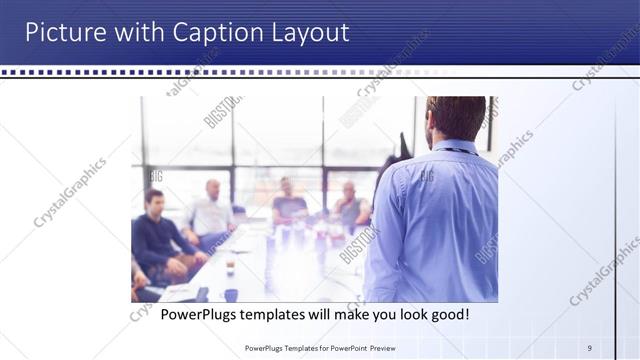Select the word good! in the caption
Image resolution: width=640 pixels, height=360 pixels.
pyautogui.click(x=445, y=315)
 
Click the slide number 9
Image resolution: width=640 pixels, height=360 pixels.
pyautogui.click(x=589, y=348)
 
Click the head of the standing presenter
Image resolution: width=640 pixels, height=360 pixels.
pyautogui.click(x=455, y=117)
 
